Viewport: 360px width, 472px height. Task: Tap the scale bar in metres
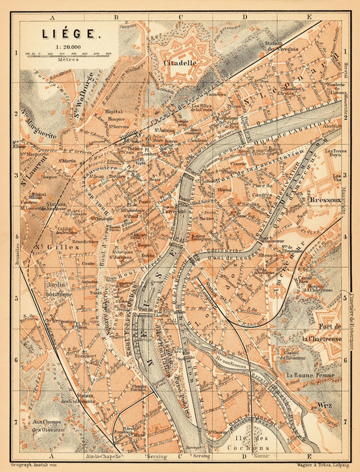pos(69,54)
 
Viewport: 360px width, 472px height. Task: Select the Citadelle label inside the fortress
pos(181,63)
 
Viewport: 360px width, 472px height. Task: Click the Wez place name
pos(324,405)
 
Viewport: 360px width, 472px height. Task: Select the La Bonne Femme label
pos(310,375)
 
